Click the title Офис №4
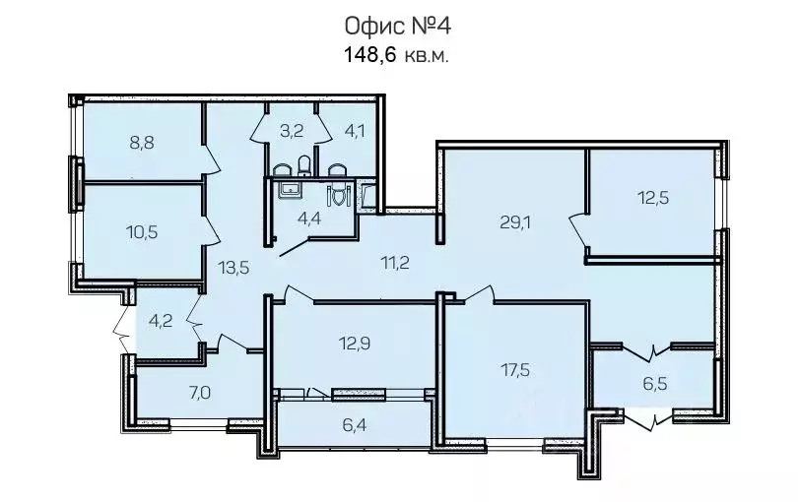pos(397,27)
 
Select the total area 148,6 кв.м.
pos(397,54)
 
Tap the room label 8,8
pos(142,143)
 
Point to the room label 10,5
pos(142,232)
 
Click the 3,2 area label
pos(292,131)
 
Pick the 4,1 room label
pos(355,131)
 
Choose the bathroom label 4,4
pos(309,219)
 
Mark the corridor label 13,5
pos(233,267)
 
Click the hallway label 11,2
pos(395,263)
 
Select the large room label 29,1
pos(515,221)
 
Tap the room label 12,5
pos(653,197)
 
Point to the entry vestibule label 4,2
pos(161,321)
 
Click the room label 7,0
pos(200,393)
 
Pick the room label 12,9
pos(355,344)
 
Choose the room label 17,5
pos(514,370)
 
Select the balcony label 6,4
pos(355,425)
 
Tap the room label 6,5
pos(655,383)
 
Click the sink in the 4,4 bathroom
pos(291,190)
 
